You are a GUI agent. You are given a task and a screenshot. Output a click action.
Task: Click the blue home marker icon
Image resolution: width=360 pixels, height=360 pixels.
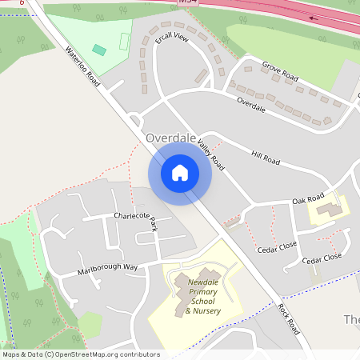click(x=179, y=172)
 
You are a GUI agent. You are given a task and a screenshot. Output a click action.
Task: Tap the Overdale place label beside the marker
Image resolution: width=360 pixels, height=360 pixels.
click(x=171, y=138)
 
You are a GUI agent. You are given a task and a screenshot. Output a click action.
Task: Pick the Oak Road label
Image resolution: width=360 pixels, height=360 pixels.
click(x=307, y=198)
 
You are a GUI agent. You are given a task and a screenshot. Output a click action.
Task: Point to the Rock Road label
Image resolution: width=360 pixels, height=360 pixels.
click(x=288, y=317)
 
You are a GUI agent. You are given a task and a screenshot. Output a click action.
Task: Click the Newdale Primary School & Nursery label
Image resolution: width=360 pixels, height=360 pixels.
click(x=203, y=296)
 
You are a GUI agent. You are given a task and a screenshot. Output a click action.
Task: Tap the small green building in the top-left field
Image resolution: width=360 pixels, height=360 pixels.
click(x=98, y=50)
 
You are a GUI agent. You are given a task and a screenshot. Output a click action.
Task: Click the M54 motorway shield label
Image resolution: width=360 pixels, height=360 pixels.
click(x=187, y=2)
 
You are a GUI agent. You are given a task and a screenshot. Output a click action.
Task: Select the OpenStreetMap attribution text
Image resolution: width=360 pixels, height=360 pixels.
click(x=82, y=354)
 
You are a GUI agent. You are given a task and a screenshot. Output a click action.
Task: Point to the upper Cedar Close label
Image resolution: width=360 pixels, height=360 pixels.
click(x=277, y=246)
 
